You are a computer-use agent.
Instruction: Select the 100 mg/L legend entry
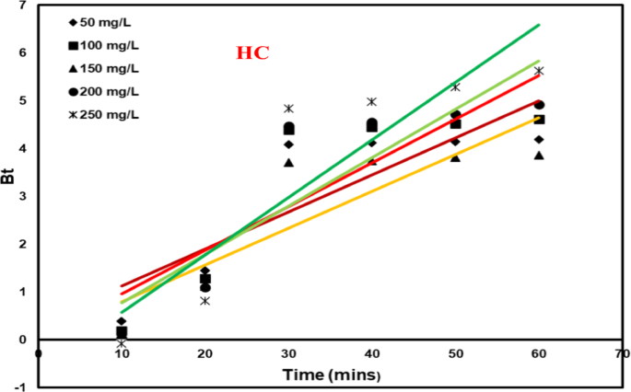click(x=106, y=44)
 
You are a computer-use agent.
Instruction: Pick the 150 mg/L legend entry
click(x=106, y=67)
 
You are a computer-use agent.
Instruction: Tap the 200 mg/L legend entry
click(x=106, y=90)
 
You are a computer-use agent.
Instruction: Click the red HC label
click(x=252, y=52)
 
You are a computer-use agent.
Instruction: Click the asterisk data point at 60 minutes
click(x=539, y=71)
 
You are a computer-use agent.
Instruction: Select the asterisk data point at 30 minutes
click(x=288, y=109)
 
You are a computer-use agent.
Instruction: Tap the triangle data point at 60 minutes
click(x=539, y=156)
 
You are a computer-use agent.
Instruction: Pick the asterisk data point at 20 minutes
click(x=204, y=301)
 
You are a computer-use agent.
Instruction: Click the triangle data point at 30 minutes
click(x=288, y=163)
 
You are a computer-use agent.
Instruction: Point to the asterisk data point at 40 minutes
click(x=372, y=102)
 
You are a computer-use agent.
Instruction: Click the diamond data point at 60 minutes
click(x=539, y=139)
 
